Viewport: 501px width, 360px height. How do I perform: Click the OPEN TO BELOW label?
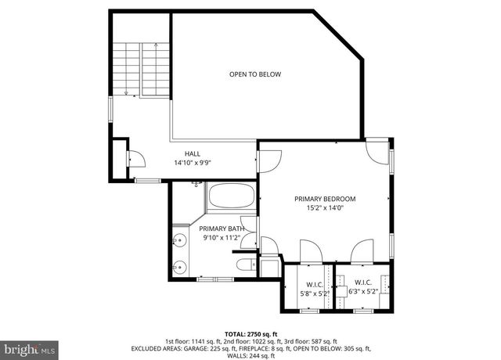[x=254, y=74]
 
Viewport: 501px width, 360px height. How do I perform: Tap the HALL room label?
[x=193, y=153]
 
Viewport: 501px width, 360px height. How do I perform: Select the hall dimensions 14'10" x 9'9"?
[x=193, y=163]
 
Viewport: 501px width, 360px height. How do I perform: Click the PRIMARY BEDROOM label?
[x=325, y=199]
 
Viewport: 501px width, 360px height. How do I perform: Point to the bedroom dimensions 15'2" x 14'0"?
[x=325, y=208]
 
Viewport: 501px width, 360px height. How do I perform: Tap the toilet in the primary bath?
[x=244, y=264]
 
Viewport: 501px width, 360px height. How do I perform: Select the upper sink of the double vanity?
[x=179, y=240]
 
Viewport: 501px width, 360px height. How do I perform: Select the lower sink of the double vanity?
[x=179, y=265]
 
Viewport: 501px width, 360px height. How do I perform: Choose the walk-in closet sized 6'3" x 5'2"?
[x=362, y=287]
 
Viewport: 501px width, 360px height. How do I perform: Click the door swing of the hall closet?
[x=135, y=158]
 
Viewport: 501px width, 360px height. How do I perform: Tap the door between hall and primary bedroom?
[x=269, y=160]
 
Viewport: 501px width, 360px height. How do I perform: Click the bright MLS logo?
[x=29, y=345]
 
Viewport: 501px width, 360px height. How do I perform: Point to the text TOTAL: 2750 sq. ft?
[x=250, y=333]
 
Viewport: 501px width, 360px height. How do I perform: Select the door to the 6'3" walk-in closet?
[x=362, y=252]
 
